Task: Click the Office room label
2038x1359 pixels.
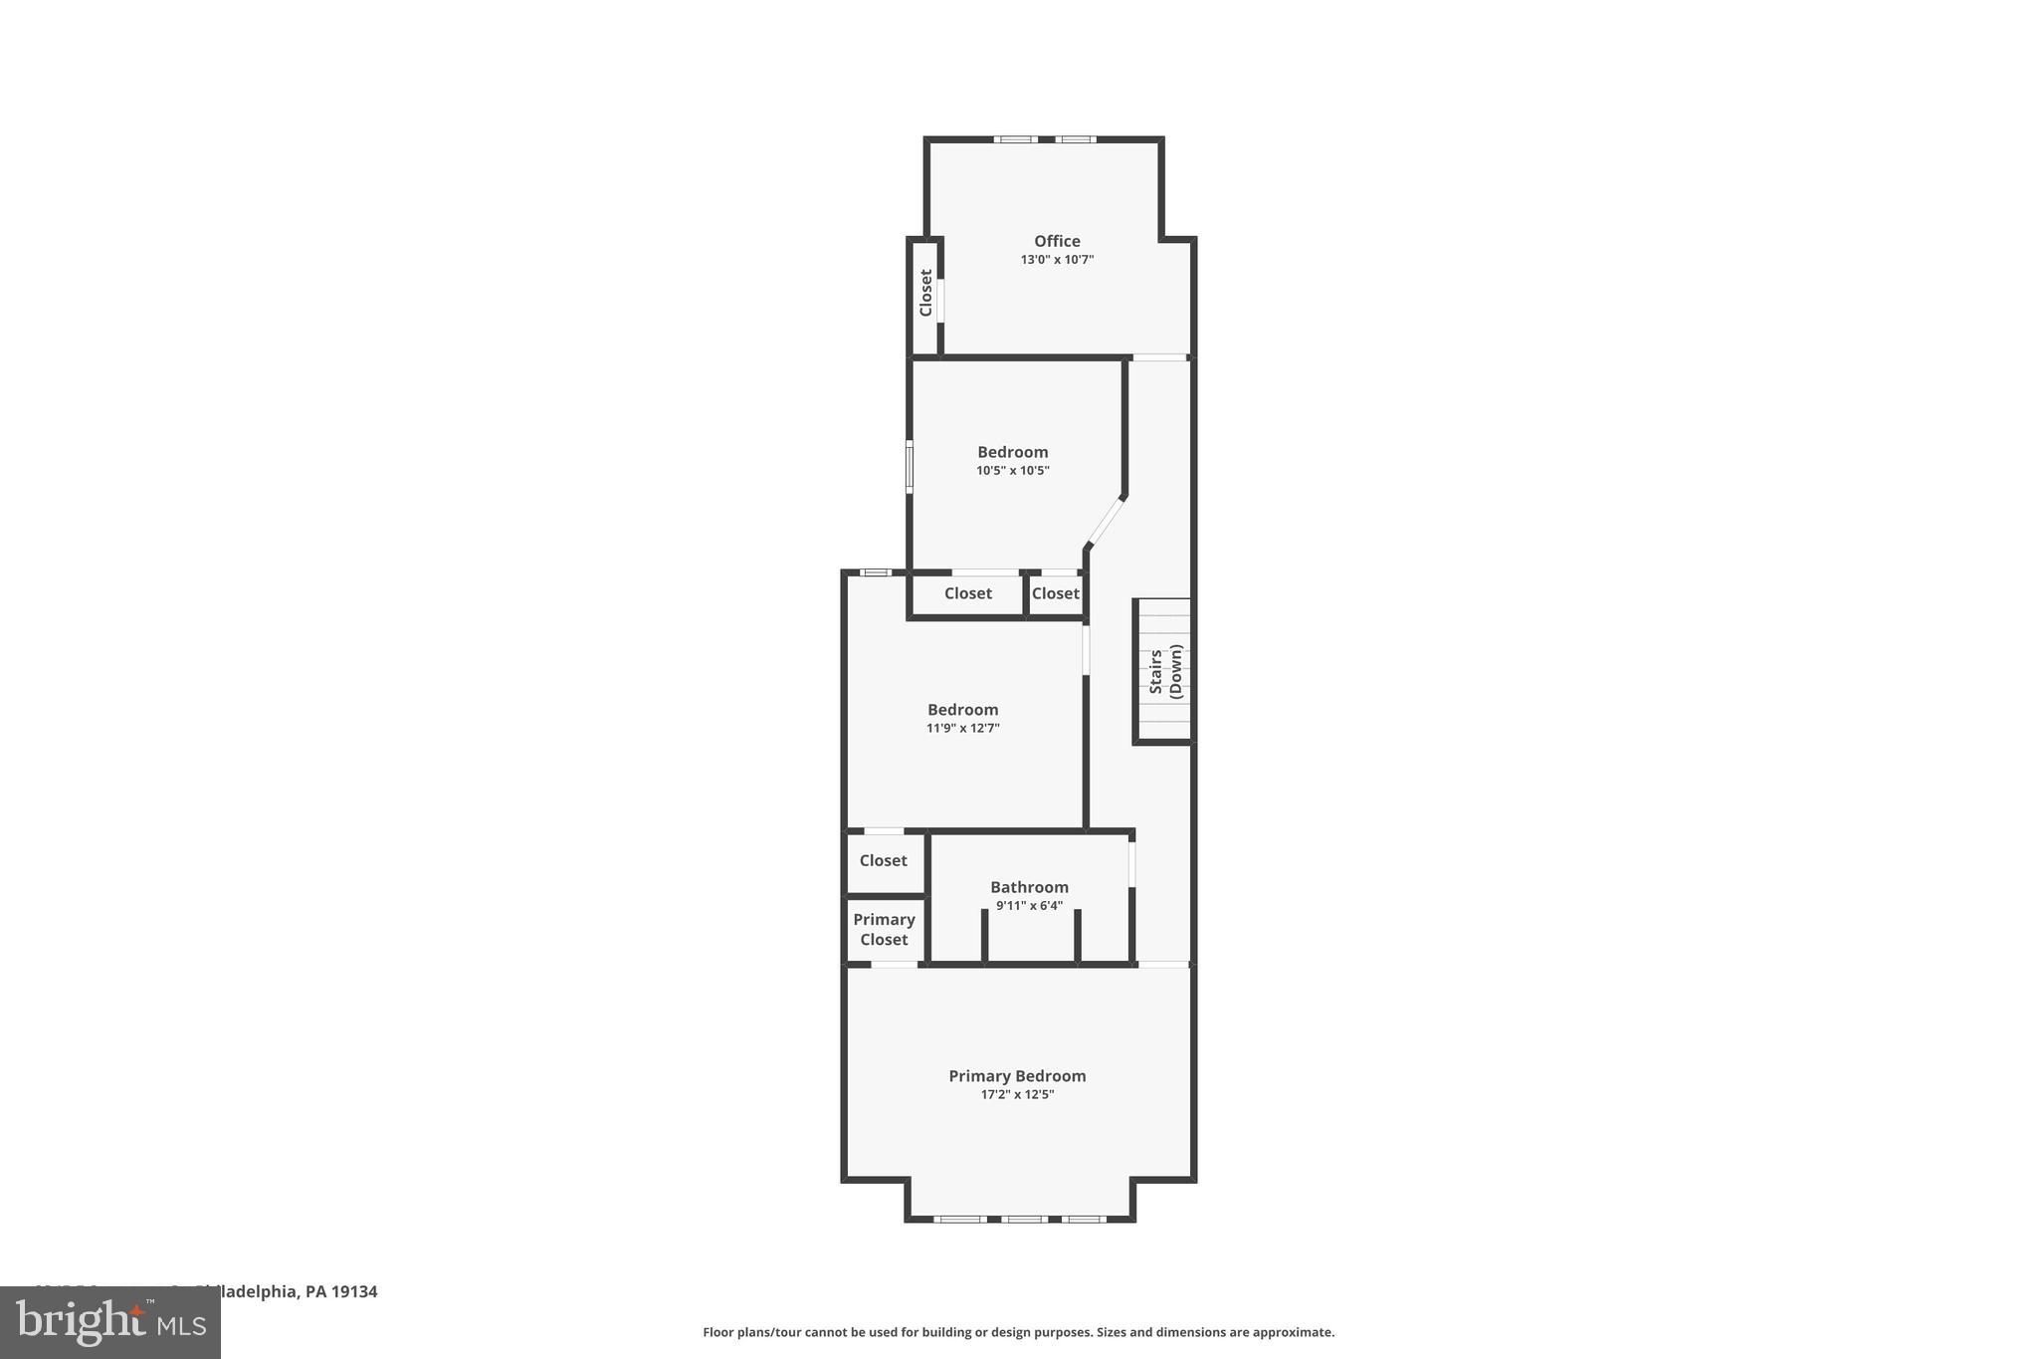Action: [x=1056, y=241]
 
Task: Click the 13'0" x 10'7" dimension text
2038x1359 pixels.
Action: [x=1056, y=260]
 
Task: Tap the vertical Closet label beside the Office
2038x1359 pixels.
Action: [x=925, y=293]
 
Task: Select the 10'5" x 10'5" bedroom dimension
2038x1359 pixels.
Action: [x=1012, y=471]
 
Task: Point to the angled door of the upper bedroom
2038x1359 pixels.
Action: [x=1106, y=521]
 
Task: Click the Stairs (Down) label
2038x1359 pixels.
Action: [x=1165, y=671]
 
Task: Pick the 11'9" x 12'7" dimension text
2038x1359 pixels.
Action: [x=962, y=729]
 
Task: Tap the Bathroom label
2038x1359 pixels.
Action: [x=1029, y=887]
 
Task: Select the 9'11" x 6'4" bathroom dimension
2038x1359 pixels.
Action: [x=1029, y=906]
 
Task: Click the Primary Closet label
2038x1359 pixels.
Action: [x=884, y=930]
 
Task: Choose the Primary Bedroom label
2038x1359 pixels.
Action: [x=1016, y=1076]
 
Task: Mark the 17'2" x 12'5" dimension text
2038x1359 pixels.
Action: [x=1016, y=1095]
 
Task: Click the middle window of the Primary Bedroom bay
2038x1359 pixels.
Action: [x=1024, y=1219]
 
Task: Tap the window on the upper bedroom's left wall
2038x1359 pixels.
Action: [x=909, y=467]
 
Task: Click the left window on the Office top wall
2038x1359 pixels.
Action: [x=1014, y=139]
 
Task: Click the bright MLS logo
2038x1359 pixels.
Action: [x=109, y=1323]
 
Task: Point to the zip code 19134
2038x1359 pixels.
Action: [x=354, y=1292]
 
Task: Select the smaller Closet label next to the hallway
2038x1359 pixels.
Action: [x=1055, y=593]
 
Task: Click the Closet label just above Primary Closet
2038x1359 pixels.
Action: [x=883, y=860]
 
